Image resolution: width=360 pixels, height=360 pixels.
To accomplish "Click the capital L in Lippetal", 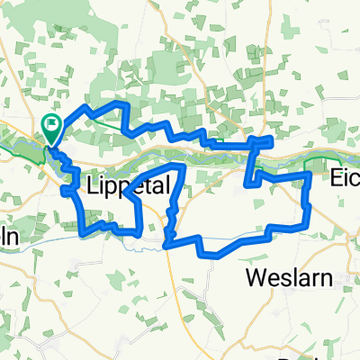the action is coord(96,184).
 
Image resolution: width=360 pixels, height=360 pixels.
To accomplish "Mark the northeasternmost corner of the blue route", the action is coord(270,139).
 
